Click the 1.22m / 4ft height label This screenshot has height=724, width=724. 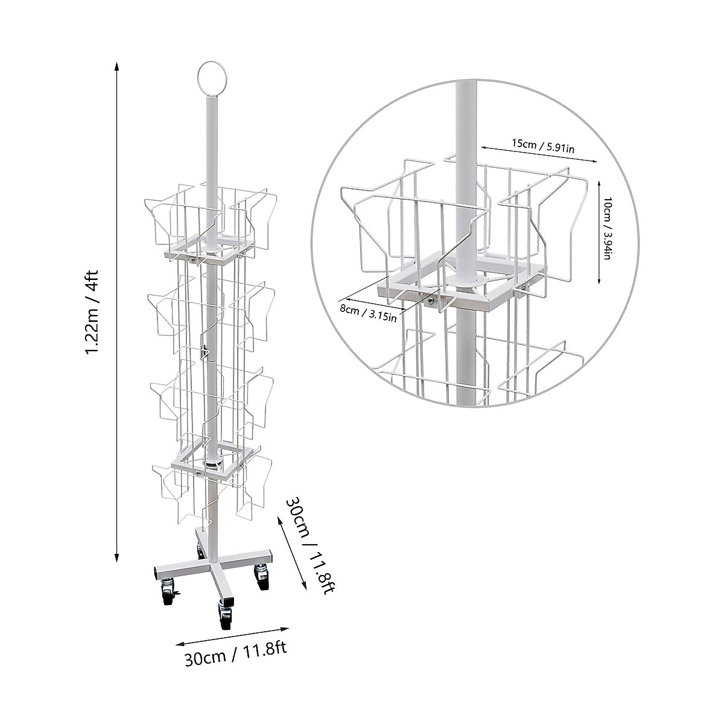click(x=95, y=312)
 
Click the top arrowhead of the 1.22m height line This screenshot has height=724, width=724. click(x=116, y=64)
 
